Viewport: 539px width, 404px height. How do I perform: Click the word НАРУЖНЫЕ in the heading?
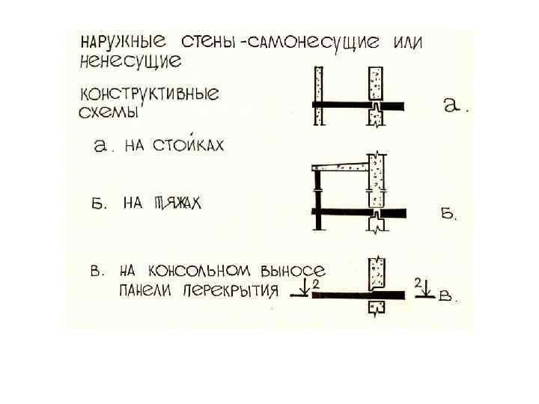pos(120,41)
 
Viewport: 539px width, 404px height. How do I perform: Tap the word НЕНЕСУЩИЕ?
pos(121,59)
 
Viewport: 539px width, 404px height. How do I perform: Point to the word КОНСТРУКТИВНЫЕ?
pos(149,96)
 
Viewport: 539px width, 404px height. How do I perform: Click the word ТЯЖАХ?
pos(177,203)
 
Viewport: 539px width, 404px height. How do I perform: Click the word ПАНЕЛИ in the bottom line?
pos(145,291)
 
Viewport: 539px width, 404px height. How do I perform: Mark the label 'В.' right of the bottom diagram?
pos(448,297)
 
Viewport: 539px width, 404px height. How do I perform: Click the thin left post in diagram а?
pos(318,96)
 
